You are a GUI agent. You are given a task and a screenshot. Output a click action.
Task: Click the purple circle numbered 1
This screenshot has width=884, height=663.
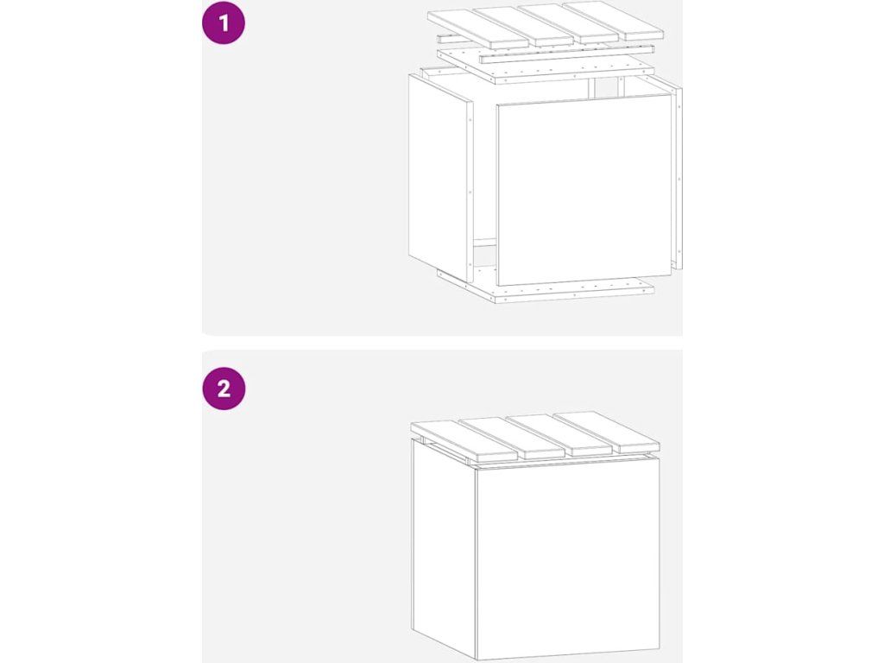coord(224,23)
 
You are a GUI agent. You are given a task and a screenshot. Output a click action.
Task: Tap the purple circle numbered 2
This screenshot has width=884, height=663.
coord(224,388)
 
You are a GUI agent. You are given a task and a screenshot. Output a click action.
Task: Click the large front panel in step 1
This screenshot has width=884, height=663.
coord(584,190)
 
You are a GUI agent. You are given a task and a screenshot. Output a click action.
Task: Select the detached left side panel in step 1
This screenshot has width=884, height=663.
coord(440,178)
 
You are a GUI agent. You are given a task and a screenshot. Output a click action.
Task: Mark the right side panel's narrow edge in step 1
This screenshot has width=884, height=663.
coord(679,174)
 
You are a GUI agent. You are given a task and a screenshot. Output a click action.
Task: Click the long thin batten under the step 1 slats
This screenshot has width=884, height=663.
coord(566,54)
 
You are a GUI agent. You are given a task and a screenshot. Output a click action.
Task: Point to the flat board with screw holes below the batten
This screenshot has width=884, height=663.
coord(546,68)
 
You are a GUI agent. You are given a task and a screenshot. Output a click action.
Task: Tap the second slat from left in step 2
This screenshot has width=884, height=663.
coord(511,438)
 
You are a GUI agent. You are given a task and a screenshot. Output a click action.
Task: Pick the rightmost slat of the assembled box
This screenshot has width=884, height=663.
coord(606,432)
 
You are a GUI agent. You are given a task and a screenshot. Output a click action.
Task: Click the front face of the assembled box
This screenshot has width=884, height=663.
coord(567,559)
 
